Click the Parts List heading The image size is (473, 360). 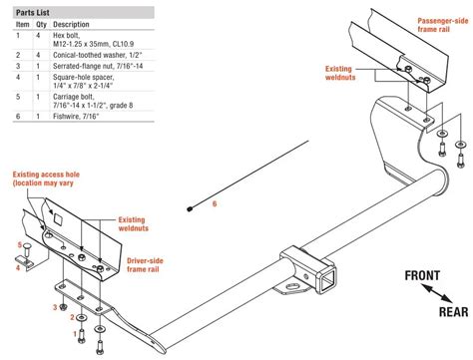(x=33, y=13)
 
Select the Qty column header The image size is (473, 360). (x=41, y=24)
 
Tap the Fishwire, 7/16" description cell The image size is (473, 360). (x=76, y=117)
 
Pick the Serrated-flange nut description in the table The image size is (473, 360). (x=98, y=66)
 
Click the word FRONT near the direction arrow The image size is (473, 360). (x=422, y=275)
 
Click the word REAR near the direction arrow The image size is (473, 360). (x=453, y=312)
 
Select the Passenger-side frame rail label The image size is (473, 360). (x=442, y=25)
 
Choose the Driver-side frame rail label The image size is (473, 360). (x=145, y=265)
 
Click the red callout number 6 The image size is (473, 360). (x=215, y=203)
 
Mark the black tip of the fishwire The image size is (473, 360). (x=190, y=209)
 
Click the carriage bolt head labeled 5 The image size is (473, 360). (x=27, y=246)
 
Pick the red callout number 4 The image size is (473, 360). (x=18, y=267)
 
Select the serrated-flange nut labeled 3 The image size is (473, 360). (x=63, y=307)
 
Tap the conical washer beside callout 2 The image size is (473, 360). (x=81, y=318)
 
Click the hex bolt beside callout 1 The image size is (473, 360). (x=82, y=336)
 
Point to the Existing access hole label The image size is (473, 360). (x=46, y=179)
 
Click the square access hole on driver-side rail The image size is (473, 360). (x=58, y=219)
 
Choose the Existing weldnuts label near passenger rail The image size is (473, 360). (x=340, y=73)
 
